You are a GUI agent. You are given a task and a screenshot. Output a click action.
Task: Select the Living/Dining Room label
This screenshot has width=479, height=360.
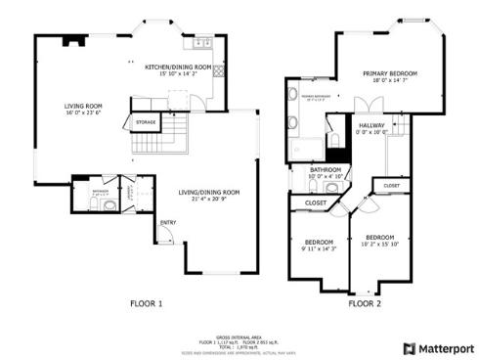click(208, 192)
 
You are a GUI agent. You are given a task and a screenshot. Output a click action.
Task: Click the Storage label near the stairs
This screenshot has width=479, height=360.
click(147, 123)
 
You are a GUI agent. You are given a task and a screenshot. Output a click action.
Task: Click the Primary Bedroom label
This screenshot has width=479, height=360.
click(389, 73)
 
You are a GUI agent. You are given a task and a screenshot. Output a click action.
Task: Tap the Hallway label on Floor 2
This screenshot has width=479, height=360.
click(372, 125)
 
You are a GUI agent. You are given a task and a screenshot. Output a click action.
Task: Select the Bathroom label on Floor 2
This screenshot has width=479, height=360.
click(325, 169)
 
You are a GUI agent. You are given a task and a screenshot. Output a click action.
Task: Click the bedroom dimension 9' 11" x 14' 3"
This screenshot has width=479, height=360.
click(319, 248)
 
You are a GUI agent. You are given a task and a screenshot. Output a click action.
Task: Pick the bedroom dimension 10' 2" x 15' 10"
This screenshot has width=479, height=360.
click(379, 244)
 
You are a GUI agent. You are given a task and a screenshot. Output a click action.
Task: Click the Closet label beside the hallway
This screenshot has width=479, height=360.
click(391, 185)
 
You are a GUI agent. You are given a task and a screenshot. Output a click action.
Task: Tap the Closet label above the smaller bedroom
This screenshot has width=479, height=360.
click(316, 202)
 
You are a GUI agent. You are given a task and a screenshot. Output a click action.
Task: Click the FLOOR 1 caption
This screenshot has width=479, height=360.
click(146, 304)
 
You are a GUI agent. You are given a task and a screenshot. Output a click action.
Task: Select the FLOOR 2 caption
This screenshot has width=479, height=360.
click(364, 304)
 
